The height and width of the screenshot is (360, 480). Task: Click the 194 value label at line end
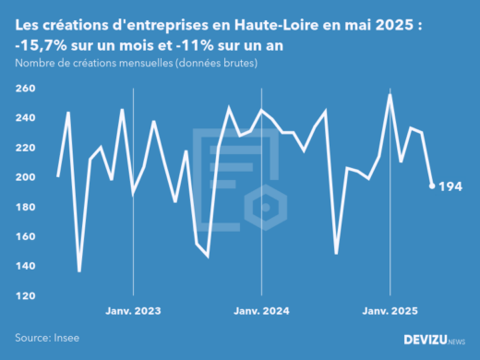pyautogui.click(x=450, y=186)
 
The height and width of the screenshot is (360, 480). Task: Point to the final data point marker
pyautogui.click(x=432, y=186)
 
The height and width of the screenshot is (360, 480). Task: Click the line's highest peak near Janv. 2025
pyautogui.click(x=390, y=94)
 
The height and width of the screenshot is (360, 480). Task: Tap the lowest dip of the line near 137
pyautogui.click(x=79, y=270)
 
